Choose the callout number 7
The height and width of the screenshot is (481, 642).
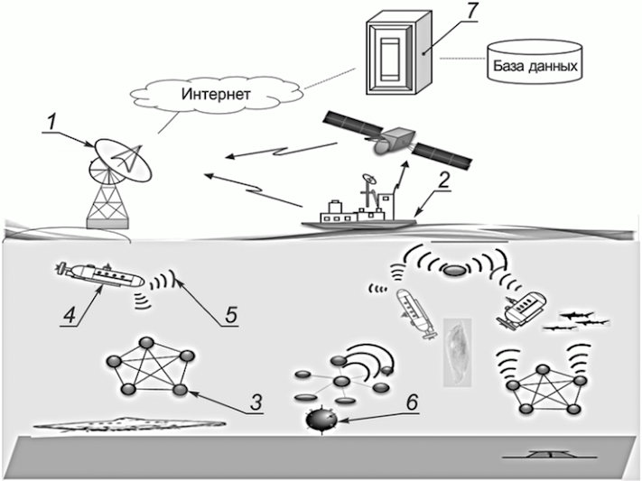point(468,12)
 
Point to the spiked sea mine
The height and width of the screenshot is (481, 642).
point(319,421)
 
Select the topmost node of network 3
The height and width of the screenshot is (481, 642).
point(144,339)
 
